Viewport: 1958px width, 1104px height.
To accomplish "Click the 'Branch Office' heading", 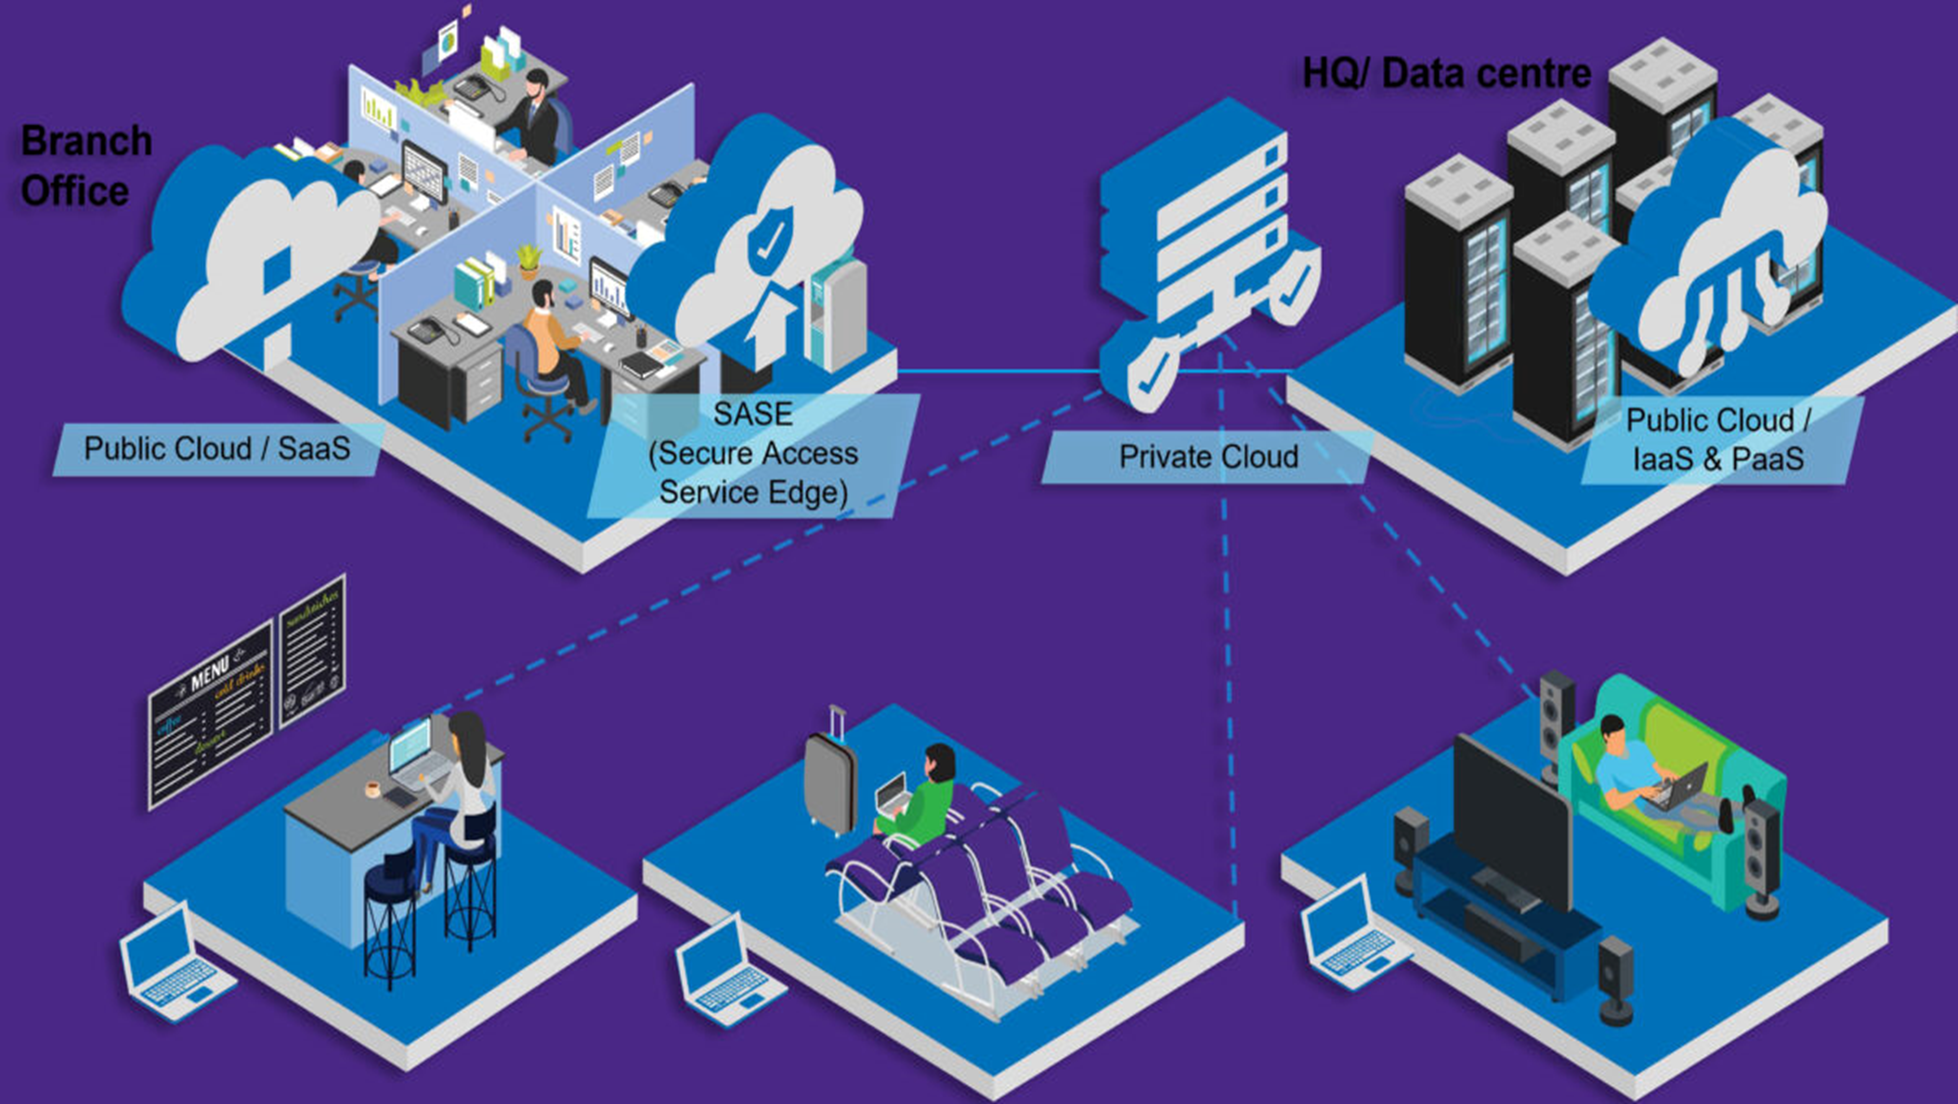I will point(86,166).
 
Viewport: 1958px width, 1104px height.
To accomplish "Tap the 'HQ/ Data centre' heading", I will point(1447,74).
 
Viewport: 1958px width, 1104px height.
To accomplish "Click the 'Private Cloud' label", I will point(1209,457).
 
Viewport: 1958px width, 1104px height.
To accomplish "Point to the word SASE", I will point(752,414).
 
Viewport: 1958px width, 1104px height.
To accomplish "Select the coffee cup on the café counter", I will point(372,789).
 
